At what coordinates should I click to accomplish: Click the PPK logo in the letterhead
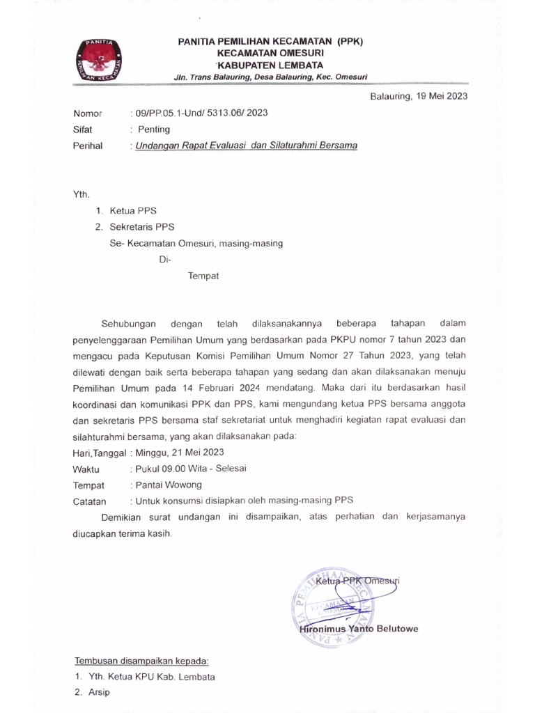(98, 61)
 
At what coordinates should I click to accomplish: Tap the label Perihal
(88, 146)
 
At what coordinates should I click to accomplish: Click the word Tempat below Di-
(203, 276)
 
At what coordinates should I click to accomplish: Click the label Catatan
(90, 501)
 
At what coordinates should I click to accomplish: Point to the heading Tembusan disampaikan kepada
(141, 660)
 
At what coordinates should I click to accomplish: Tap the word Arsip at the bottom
(99, 693)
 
